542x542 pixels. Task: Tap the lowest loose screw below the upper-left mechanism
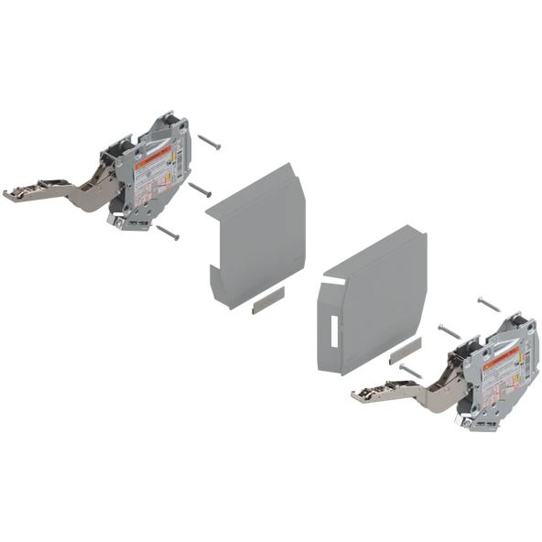(168, 232)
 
